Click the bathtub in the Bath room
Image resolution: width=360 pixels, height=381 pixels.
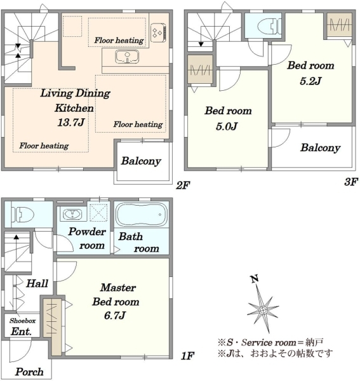[x=142, y=215]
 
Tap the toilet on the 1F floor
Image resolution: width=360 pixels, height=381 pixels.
[x=23, y=215]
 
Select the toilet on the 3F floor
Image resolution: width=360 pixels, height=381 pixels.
[x=269, y=26]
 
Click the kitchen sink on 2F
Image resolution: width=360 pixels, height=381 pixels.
[x=127, y=57]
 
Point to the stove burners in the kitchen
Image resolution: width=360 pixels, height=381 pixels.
[x=158, y=32]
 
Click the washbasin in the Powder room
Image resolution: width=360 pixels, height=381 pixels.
[x=72, y=214]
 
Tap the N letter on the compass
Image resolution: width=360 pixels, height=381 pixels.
[x=255, y=279]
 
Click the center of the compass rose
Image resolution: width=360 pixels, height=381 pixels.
[x=263, y=311]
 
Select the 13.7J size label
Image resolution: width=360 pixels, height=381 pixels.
[x=71, y=122]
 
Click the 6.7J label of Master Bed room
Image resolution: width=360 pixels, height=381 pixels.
[x=115, y=316]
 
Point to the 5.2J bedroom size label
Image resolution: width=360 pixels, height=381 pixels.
[x=310, y=81]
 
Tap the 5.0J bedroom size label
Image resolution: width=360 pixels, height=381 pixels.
[x=227, y=126]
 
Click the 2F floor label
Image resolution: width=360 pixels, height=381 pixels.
[x=183, y=186]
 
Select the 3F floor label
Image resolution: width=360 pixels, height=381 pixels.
[x=350, y=182]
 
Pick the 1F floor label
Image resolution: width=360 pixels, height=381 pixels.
[x=187, y=356]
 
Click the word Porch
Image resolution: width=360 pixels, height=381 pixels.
[x=29, y=371]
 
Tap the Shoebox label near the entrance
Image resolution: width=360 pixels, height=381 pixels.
[x=23, y=321]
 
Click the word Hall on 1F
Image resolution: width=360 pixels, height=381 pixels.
[x=37, y=283]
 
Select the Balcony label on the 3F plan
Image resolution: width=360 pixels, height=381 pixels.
[x=320, y=147]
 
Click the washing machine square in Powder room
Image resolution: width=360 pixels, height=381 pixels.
[x=98, y=213]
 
